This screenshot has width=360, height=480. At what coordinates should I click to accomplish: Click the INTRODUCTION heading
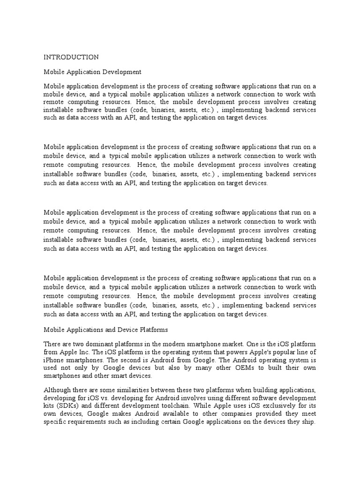tap(71, 57)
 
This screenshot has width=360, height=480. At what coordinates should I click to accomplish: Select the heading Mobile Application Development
tap(92, 72)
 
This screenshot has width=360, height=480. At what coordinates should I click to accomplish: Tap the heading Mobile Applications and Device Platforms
tap(106, 330)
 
